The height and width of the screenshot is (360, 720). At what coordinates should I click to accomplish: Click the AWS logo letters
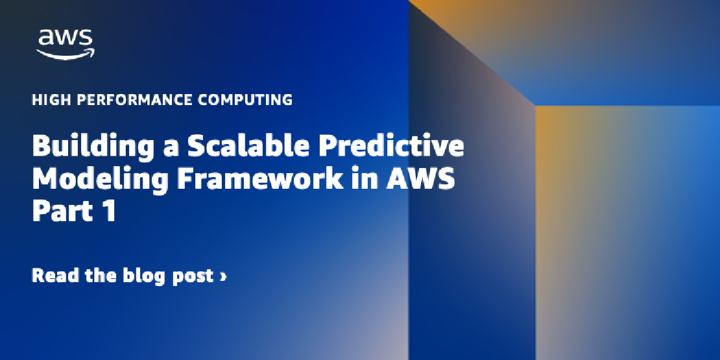[x=66, y=38]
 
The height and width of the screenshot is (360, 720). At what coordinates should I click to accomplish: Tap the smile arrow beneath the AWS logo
[x=66, y=54]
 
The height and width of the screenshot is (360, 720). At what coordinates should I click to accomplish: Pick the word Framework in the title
[x=260, y=178]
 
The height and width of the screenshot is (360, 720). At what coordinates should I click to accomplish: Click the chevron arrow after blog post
[x=223, y=277]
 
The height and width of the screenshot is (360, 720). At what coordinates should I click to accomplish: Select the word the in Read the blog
[x=104, y=276]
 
